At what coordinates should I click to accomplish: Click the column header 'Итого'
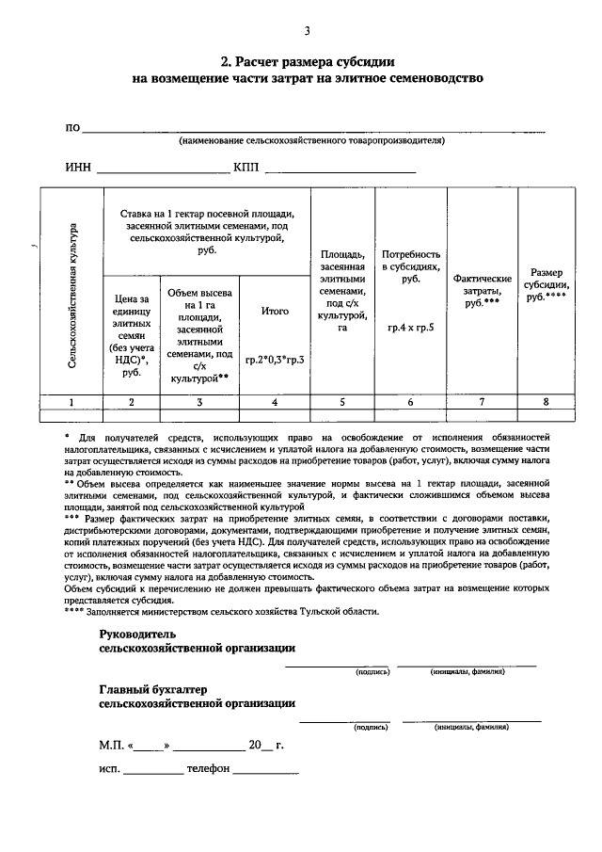[275, 310]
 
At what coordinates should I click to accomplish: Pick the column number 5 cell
[342, 401]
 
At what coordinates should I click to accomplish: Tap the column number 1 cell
[71, 401]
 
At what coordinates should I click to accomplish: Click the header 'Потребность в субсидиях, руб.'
[410, 266]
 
